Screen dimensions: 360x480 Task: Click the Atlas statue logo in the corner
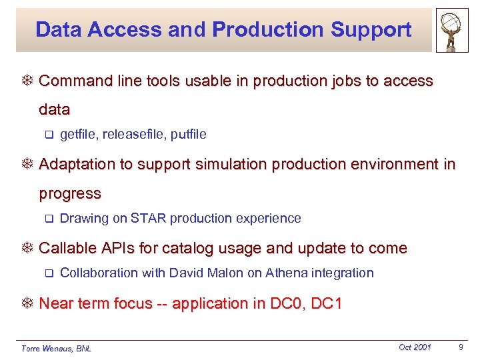tap(452, 31)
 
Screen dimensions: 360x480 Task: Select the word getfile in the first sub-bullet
tap(77, 135)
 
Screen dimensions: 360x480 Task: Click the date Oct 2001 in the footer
tap(415, 347)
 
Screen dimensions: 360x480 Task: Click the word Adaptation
tap(76, 165)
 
